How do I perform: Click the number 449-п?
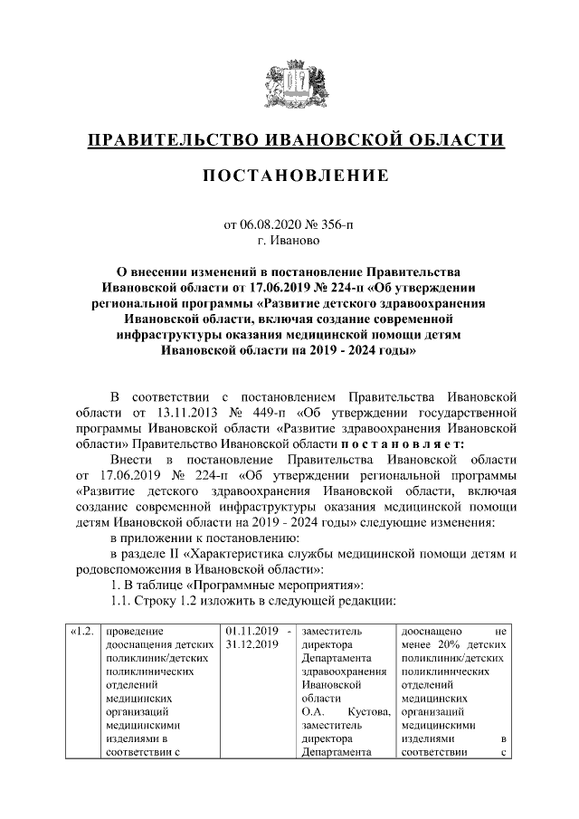click(259, 413)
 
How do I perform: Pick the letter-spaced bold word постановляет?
click(403, 443)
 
